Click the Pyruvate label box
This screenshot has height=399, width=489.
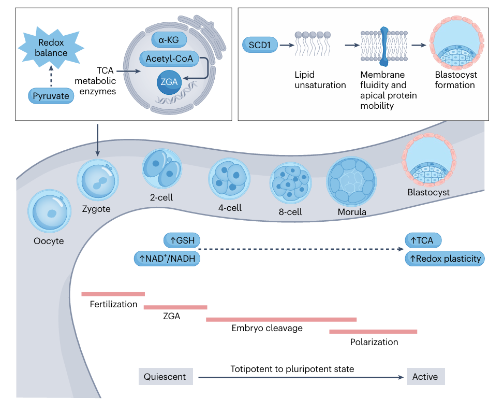(51, 96)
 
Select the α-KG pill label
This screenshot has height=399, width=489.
(169, 39)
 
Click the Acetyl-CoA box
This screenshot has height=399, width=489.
(169, 59)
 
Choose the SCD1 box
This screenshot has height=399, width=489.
(259, 46)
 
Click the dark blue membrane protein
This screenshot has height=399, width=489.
(384, 47)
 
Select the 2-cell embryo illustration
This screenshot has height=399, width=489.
(162, 169)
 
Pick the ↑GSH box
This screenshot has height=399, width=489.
(182, 240)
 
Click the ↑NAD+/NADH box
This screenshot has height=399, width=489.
(167, 259)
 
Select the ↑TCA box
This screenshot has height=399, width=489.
(422, 240)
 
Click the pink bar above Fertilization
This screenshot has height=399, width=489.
(113, 294)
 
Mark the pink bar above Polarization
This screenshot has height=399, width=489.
(373, 331)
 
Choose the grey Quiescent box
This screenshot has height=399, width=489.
(165, 377)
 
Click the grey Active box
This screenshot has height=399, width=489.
(425, 377)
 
